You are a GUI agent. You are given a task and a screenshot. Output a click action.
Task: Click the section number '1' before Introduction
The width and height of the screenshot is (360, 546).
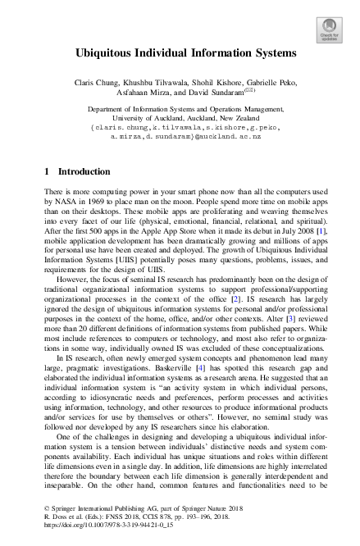[44, 172]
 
